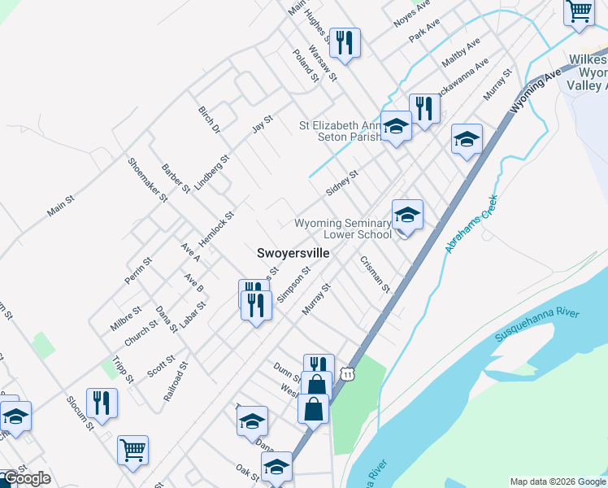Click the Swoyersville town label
293,253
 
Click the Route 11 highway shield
348,373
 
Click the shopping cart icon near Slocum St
132,450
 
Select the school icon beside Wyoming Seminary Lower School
407,216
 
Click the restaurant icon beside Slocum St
102,403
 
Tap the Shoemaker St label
147,179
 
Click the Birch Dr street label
210,119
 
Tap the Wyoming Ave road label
536,89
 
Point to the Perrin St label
138,271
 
